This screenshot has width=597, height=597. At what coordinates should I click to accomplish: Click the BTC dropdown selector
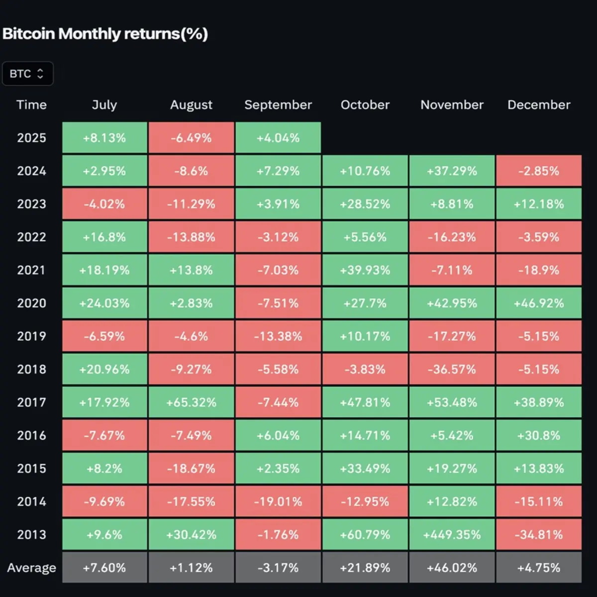tap(27, 74)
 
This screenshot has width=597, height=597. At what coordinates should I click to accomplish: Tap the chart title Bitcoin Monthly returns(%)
tap(105, 33)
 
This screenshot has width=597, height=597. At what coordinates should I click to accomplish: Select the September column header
tap(278, 104)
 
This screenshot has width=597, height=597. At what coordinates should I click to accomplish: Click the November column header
tap(452, 104)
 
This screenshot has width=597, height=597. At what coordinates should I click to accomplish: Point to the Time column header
tap(32, 104)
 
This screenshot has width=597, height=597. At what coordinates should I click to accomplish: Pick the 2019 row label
tap(32, 336)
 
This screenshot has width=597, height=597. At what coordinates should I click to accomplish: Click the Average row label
tap(32, 568)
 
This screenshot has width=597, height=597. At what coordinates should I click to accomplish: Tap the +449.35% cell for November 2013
tap(452, 534)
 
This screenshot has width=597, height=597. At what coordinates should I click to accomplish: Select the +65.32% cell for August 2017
tap(192, 402)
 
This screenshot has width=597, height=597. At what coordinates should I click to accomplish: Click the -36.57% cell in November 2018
tap(452, 369)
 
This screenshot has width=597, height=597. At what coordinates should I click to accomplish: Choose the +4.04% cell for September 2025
tap(278, 137)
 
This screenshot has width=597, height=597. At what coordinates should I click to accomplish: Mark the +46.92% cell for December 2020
tap(539, 303)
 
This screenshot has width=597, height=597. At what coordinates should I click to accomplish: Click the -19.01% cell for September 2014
tap(278, 501)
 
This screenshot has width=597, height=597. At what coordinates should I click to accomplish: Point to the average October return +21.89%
tap(365, 568)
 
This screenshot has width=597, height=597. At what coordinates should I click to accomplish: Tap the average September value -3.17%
tap(278, 568)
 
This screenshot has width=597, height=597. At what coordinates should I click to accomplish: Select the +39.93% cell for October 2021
tap(365, 270)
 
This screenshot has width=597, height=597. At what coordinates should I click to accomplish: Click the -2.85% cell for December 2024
tap(539, 171)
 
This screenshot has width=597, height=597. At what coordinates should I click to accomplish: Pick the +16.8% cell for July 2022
tap(104, 237)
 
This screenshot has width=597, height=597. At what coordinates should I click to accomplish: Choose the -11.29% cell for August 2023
tap(192, 204)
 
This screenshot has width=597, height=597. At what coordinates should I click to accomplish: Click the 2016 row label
tap(32, 435)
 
